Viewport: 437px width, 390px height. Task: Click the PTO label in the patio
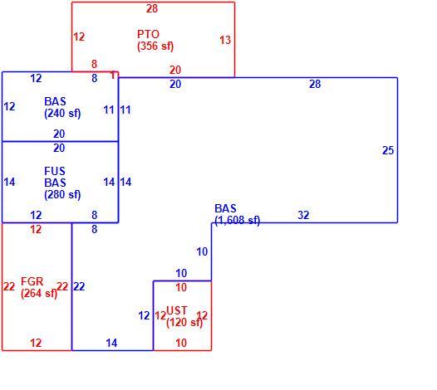point(148,34)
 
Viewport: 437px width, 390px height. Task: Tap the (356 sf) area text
point(155,46)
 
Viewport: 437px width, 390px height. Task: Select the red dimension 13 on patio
point(225,40)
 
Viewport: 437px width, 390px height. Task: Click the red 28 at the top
point(152,8)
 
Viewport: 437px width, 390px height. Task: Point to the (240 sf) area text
point(62,114)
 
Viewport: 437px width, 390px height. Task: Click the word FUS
point(55,171)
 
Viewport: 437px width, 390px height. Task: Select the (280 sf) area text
point(62,194)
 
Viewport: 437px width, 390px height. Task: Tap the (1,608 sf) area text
point(237,220)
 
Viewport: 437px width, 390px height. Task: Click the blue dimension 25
point(388,150)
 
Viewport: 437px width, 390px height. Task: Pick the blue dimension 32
point(303,215)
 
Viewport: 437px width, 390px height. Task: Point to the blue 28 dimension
point(315,84)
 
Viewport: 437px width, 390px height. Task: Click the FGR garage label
point(32,282)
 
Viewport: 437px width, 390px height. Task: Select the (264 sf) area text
point(39,294)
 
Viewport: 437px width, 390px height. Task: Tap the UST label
point(177,310)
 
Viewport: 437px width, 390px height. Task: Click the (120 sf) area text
point(184,322)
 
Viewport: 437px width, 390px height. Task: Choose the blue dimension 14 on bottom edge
point(111,344)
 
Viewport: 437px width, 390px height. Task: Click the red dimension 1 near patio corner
point(113,76)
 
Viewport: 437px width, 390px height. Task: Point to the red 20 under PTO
point(175,70)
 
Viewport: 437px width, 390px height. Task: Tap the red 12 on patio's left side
point(79,37)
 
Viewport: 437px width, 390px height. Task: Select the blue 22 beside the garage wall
point(79,286)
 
